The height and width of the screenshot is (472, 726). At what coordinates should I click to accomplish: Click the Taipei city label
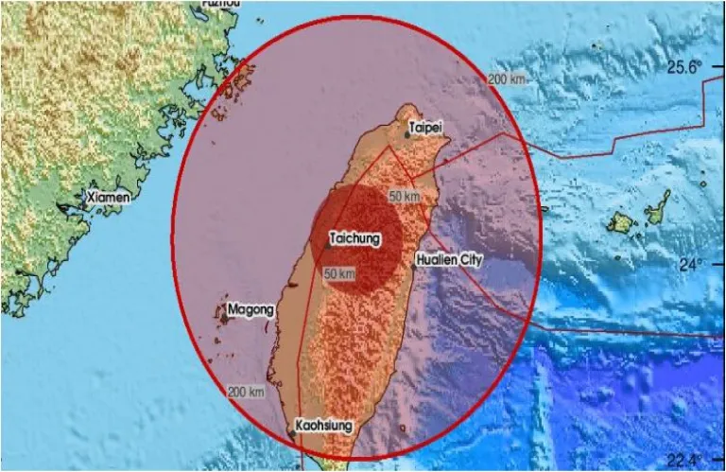[424, 126]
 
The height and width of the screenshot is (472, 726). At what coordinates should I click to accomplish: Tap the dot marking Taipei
[407, 135]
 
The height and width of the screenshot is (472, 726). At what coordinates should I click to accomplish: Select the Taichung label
[355, 239]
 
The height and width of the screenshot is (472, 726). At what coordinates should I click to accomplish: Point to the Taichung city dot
[328, 245]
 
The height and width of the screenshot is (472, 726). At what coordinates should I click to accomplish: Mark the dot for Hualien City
[413, 267]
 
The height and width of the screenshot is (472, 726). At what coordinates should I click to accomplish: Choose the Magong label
[251, 308]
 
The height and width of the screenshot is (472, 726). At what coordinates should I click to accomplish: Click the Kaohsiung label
[324, 426]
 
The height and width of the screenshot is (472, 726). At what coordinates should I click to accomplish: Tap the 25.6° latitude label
[685, 67]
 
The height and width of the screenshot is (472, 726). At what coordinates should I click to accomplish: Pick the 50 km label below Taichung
[339, 274]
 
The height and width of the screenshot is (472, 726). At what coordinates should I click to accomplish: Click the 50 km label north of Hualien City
[404, 196]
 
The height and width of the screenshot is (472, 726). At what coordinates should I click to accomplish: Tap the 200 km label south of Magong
[245, 392]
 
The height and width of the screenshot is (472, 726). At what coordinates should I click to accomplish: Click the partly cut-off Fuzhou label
[222, 4]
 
